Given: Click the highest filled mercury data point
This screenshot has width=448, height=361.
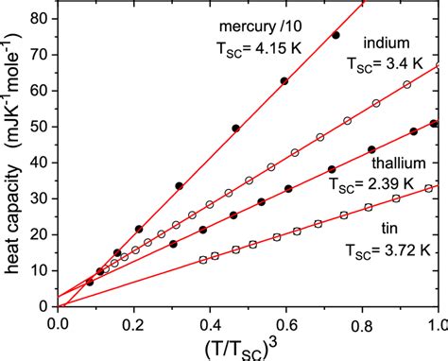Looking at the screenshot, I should tap(336, 35).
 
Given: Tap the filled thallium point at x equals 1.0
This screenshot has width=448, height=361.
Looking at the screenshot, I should tap(434, 124).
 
